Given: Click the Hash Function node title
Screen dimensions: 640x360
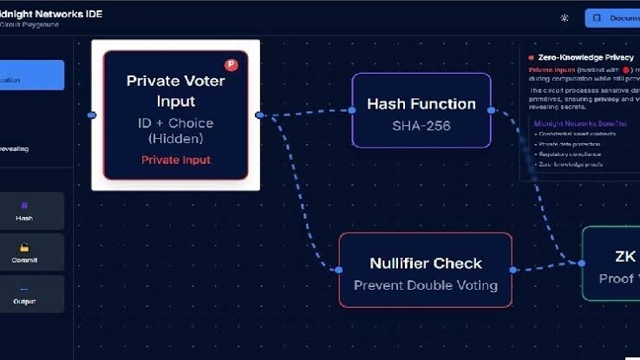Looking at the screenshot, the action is pyautogui.click(x=421, y=104).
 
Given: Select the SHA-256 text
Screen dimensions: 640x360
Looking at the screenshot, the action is pyautogui.click(x=421, y=126).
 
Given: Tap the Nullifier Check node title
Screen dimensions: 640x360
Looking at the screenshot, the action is pyautogui.click(x=425, y=264).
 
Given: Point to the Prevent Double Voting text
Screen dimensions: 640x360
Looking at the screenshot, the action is pyautogui.click(x=425, y=285).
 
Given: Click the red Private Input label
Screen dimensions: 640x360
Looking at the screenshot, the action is pyautogui.click(x=175, y=160).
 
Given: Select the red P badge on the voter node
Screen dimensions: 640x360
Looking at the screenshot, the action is pyautogui.click(x=231, y=64).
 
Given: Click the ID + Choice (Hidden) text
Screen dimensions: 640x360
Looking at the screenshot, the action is pyautogui.click(x=175, y=131).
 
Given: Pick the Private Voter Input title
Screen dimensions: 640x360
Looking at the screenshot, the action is pyautogui.click(x=175, y=91).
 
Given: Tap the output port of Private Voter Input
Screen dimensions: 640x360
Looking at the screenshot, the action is pyautogui.click(x=259, y=115).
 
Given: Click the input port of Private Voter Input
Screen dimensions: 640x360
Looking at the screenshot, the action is pyautogui.click(x=92, y=115).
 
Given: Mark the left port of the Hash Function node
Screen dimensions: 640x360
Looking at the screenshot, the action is pyautogui.click(x=352, y=110).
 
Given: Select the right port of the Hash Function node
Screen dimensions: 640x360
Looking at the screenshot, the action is pyautogui.click(x=491, y=110).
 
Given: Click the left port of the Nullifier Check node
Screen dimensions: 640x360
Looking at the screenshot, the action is pyautogui.click(x=339, y=270).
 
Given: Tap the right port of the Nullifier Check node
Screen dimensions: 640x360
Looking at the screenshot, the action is pyautogui.click(x=513, y=270).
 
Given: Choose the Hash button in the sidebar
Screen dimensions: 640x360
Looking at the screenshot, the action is pyautogui.click(x=24, y=212).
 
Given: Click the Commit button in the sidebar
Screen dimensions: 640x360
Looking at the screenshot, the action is pyautogui.click(x=24, y=253).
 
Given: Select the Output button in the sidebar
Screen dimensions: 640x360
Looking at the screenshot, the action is pyautogui.click(x=24, y=295).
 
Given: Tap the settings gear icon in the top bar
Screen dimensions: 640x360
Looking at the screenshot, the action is pyautogui.click(x=565, y=17).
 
